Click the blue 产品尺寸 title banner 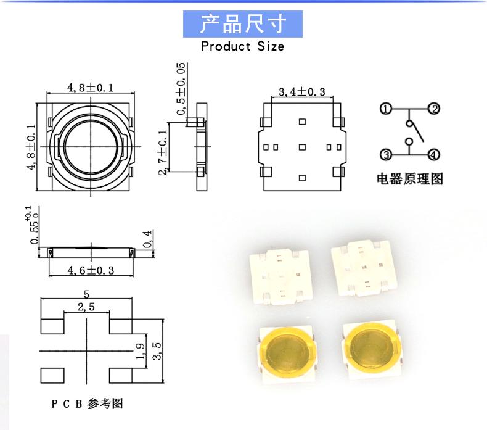click(x=243, y=24)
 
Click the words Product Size click(x=242, y=46)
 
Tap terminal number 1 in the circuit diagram click(x=387, y=110)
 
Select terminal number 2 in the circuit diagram click(x=434, y=109)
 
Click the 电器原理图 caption click(x=410, y=179)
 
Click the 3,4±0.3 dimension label click(x=301, y=92)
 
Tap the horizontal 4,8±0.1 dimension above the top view click(x=91, y=89)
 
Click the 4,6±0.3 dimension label click(x=91, y=270)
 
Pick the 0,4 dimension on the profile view click(x=147, y=239)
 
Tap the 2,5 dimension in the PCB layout click(x=87, y=307)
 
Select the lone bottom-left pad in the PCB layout click(x=52, y=375)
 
